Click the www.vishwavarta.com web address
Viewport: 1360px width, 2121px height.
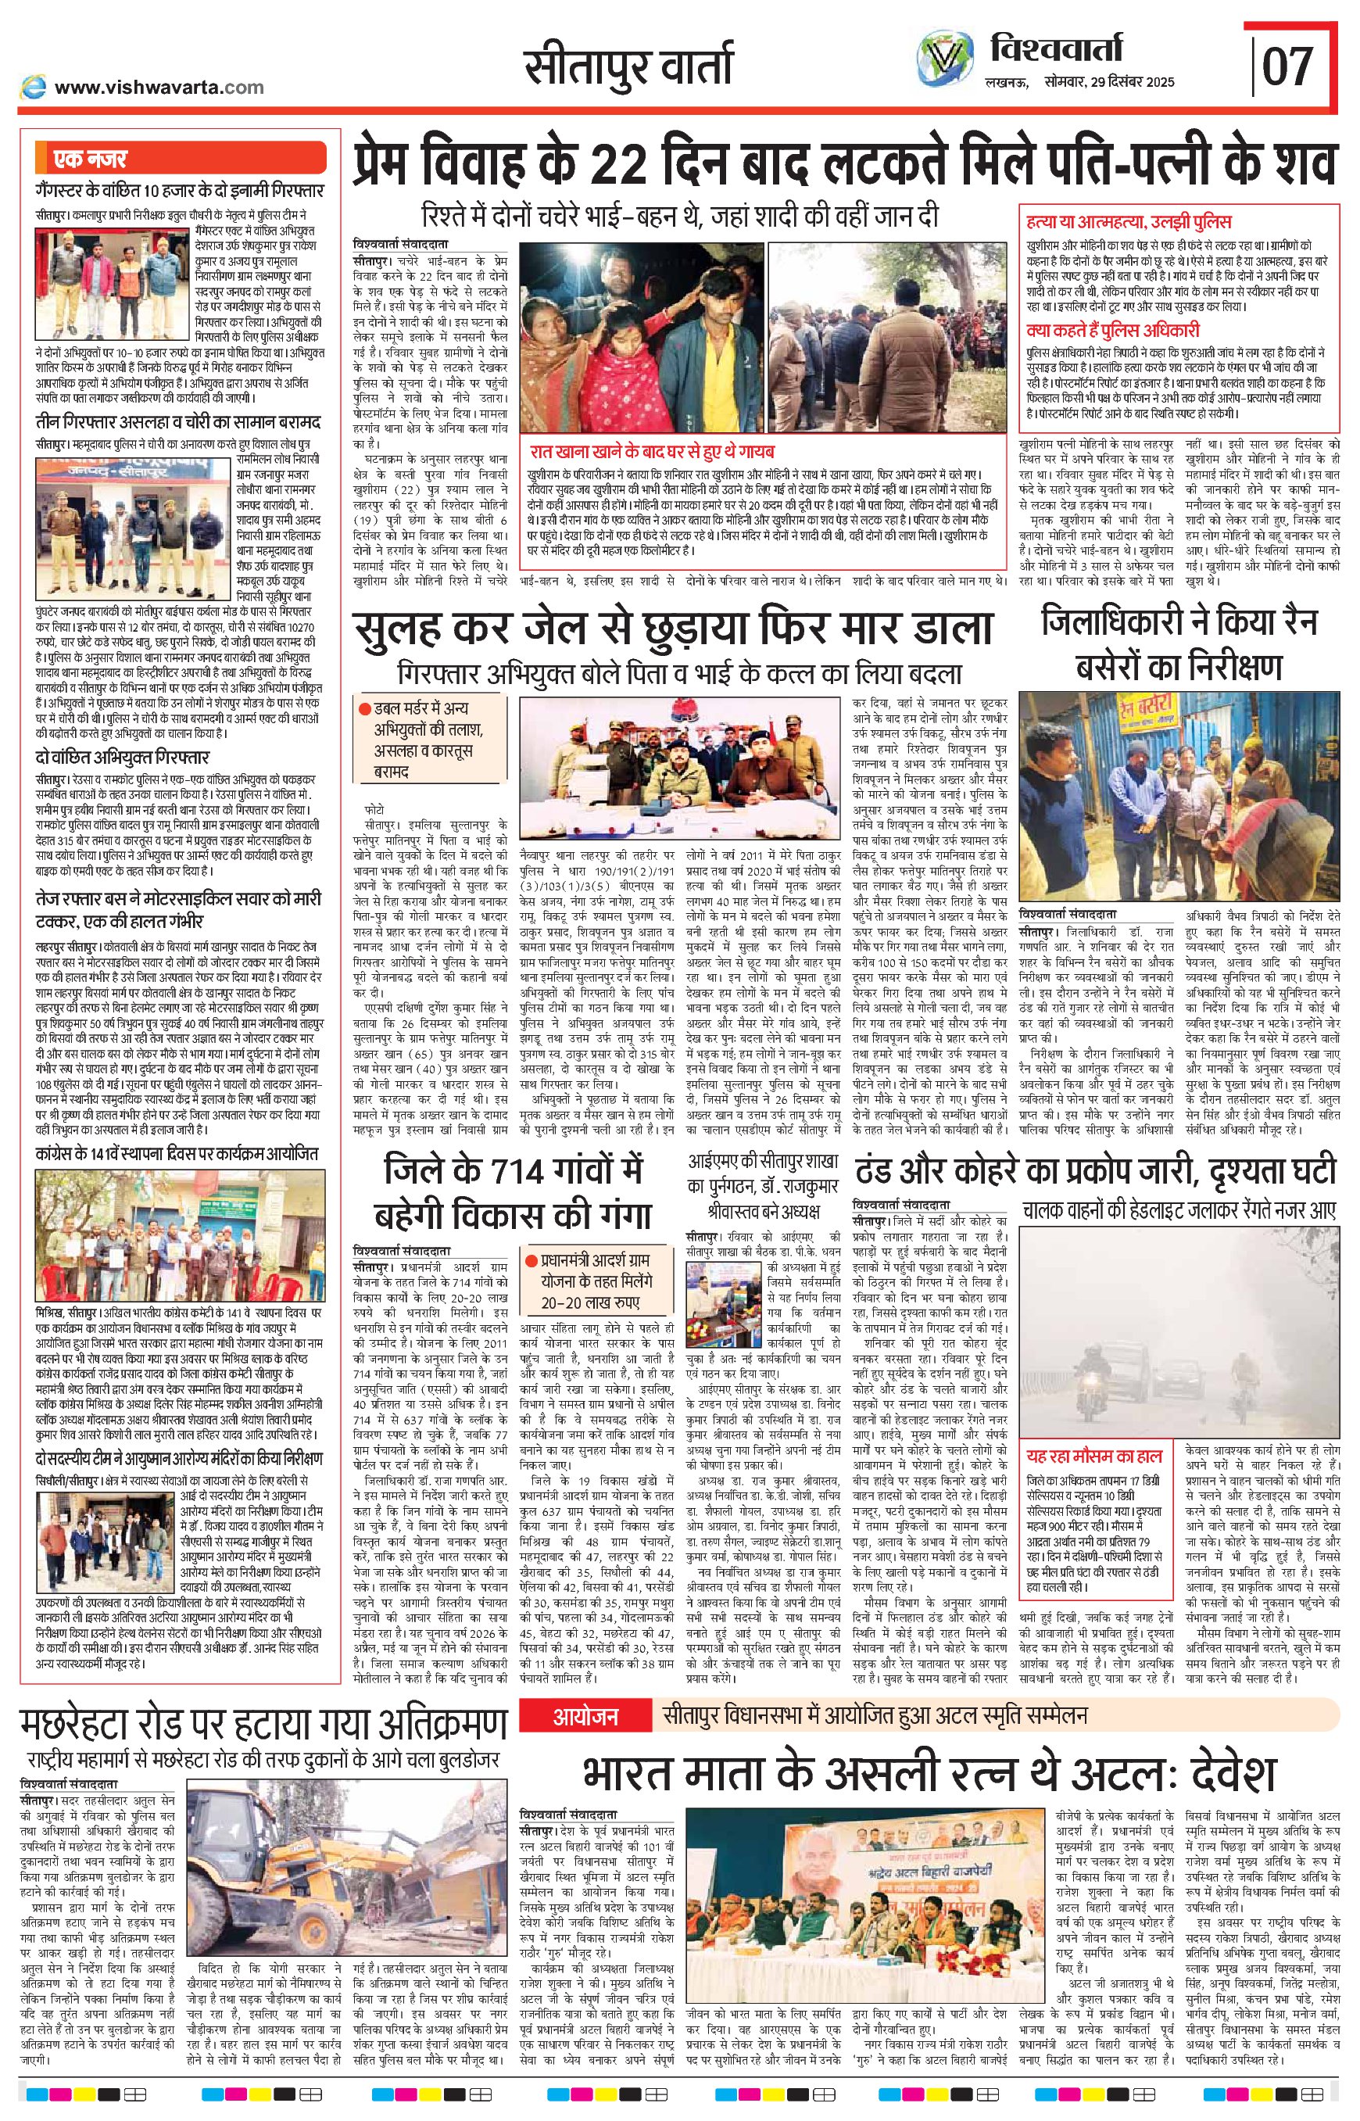coord(159,87)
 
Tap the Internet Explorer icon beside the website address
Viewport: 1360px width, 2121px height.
coord(33,87)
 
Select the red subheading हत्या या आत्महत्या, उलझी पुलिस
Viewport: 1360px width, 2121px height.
coord(1129,222)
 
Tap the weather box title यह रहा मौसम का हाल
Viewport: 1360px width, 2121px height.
coord(1094,1456)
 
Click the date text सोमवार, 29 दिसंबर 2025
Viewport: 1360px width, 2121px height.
coord(1107,82)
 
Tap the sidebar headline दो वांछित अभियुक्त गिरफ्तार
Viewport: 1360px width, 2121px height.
coord(123,757)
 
